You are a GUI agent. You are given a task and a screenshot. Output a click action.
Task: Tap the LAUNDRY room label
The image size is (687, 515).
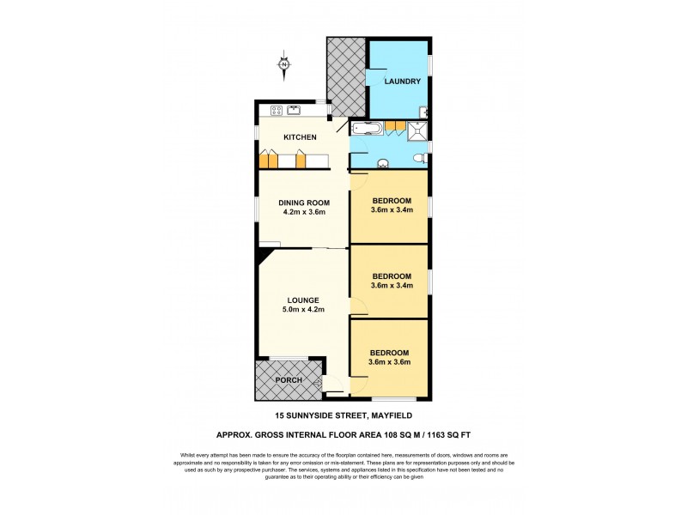pos(402,82)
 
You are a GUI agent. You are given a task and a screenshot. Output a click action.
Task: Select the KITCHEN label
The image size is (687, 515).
pos(301,137)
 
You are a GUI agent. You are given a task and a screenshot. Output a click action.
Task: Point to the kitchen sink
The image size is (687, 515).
pos(295,109)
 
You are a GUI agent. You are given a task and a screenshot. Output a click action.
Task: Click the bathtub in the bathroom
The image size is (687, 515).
pos(368,129)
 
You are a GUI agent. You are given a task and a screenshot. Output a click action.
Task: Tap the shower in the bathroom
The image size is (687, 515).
pos(417,129)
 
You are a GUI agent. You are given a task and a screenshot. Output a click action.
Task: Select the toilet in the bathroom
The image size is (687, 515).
pos(418,158)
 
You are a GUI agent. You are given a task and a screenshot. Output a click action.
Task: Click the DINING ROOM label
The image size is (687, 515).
pos(303,203)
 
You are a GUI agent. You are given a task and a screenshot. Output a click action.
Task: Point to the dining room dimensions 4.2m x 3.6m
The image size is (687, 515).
pos(303,212)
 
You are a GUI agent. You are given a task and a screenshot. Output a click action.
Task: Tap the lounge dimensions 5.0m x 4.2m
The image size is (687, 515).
pos(304,309)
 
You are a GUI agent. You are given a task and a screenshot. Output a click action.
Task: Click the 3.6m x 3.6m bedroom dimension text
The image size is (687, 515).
pos(390,362)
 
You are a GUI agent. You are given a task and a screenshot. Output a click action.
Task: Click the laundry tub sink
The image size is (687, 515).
pos(423,110)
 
